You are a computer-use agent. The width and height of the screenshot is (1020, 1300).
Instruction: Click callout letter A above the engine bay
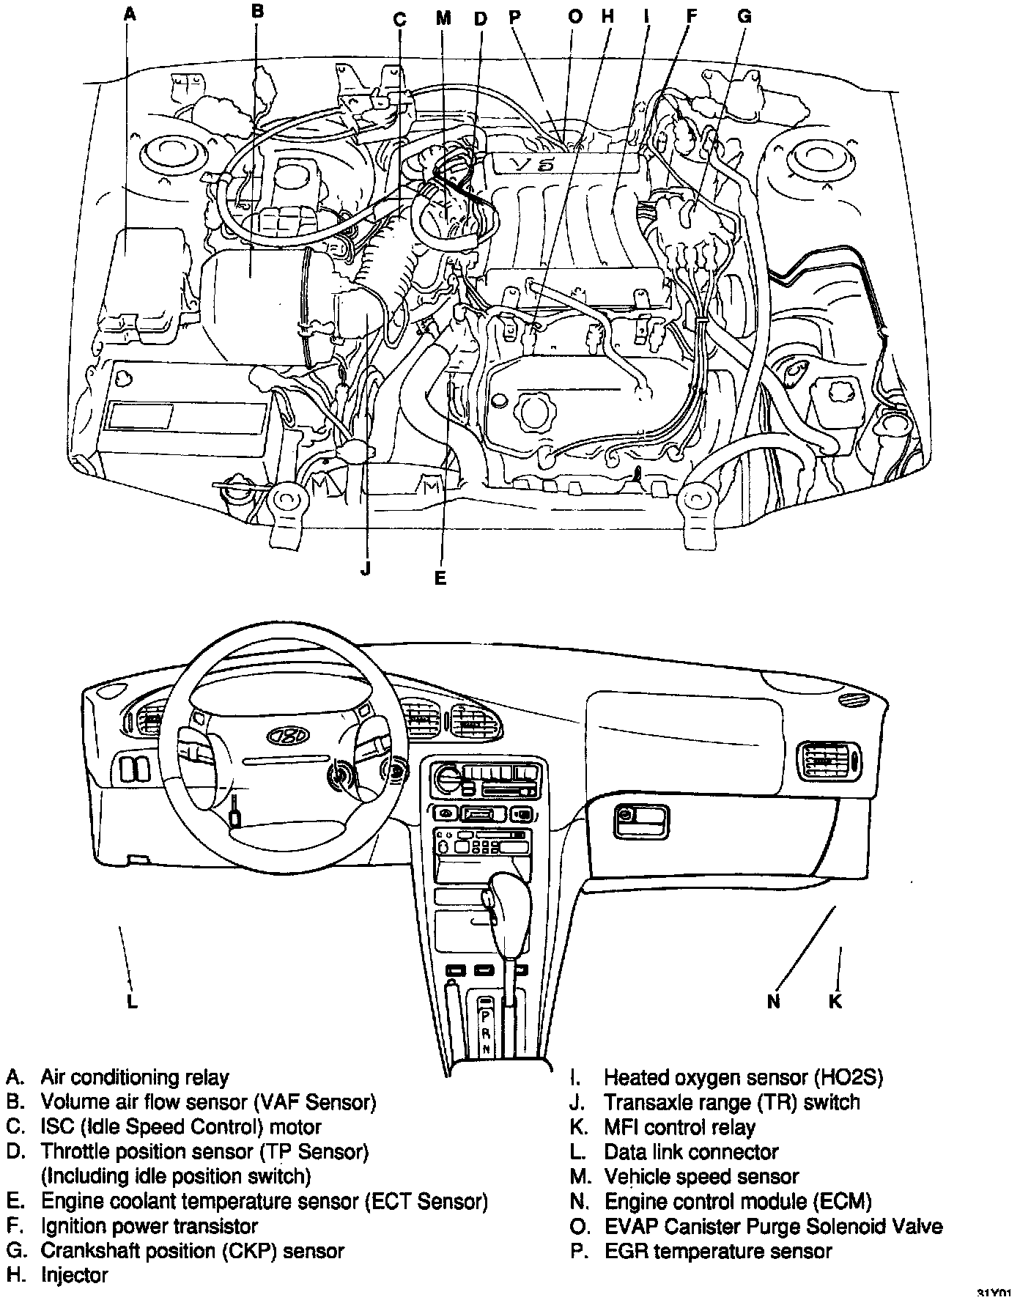coord(130,13)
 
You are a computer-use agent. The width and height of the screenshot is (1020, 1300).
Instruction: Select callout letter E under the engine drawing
coord(440,578)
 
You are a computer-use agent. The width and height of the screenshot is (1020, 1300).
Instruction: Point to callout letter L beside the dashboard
coord(132,1001)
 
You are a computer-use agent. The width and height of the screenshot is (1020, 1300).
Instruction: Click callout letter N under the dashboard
coord(774,1001)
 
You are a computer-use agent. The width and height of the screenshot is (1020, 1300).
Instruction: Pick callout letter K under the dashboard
coord(835,1001)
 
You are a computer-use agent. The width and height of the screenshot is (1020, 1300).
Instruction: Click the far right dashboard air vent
coord(830,763)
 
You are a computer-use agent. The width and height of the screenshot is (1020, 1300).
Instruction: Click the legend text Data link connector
coord(690,1152)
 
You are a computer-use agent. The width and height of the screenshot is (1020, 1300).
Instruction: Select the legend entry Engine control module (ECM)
coord(737,1202)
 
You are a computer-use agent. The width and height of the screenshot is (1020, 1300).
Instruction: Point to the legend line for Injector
coord(74,1275)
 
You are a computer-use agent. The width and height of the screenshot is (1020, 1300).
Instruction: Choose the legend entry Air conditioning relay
coord(134,1077)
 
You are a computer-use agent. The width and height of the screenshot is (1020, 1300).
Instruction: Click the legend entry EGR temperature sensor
coord(718,1251)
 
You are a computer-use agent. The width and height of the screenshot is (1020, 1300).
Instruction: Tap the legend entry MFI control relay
coord(679,1127)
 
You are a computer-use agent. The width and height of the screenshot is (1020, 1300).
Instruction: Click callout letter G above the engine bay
coord(744,16)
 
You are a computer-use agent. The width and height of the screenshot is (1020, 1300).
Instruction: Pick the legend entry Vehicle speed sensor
coord(701,1177)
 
